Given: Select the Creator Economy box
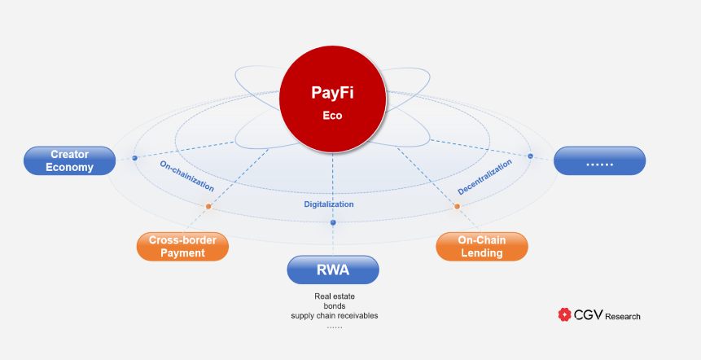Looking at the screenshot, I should pyautogui.click(x=70, y=160).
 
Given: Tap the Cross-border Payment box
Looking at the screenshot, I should pyautogui.click(x=182, y=247).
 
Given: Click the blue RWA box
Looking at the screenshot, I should pyautogui.click(x=333, y=270).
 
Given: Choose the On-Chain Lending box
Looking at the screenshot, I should pyautogui.click(x=481, y=247).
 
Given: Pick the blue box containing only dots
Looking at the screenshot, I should pyautogui.click(x=599, y=160).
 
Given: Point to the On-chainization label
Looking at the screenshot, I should pyautogui.click(x=186, y=175).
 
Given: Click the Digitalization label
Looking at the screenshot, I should pyautogui.click(x=329, y=204).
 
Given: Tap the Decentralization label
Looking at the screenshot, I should pyautogui.click(x=485, y=177).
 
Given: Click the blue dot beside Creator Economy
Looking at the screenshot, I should pyautogui.click(x=134, y=157).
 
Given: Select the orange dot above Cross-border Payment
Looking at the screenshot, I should pyautogui.click(x=208, y=207).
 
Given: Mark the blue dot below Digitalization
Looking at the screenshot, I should pyautogui.click(x=332, y=222).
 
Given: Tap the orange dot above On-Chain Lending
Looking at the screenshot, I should pyautogui.click(x=457, y=207).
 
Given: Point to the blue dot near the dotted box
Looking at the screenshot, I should pyautogui.click(x=530, y=156).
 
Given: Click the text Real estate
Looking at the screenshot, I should pyautogui.click(x=335, y=296).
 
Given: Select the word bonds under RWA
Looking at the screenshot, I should pyautogui.click(x=335, y=306).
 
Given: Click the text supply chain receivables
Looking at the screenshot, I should pyautogui.click(x=335, y=316).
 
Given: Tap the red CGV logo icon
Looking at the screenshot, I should pyautogui.click(x=563, y=314).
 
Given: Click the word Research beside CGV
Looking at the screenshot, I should pyautogui.click(x=623, y=316).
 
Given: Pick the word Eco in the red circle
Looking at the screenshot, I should pyautogui.click(x=332, y=116).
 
